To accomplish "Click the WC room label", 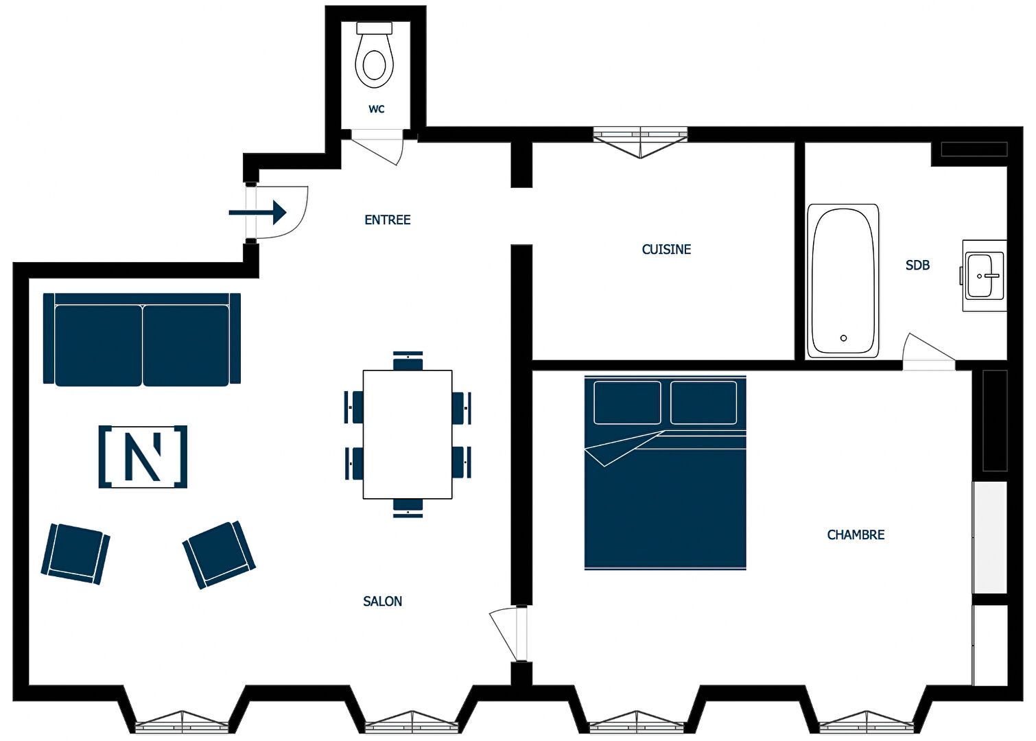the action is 377,109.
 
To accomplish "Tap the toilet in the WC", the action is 375,55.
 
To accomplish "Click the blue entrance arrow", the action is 257,213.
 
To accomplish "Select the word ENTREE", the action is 387,220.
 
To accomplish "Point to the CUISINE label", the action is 666,249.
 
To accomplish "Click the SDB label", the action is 917,265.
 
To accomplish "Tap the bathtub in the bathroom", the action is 843,281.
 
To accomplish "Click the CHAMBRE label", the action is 855,534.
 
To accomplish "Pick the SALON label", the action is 382,601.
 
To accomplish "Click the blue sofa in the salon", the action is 142,339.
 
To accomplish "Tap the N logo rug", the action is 143,456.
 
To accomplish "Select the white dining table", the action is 408,434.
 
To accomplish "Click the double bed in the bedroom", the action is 665,472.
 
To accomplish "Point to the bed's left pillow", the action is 627,403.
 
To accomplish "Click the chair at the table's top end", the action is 408,361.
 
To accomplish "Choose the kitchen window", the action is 641,142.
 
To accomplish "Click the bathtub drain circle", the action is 844,338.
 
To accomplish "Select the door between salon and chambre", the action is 509,633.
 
